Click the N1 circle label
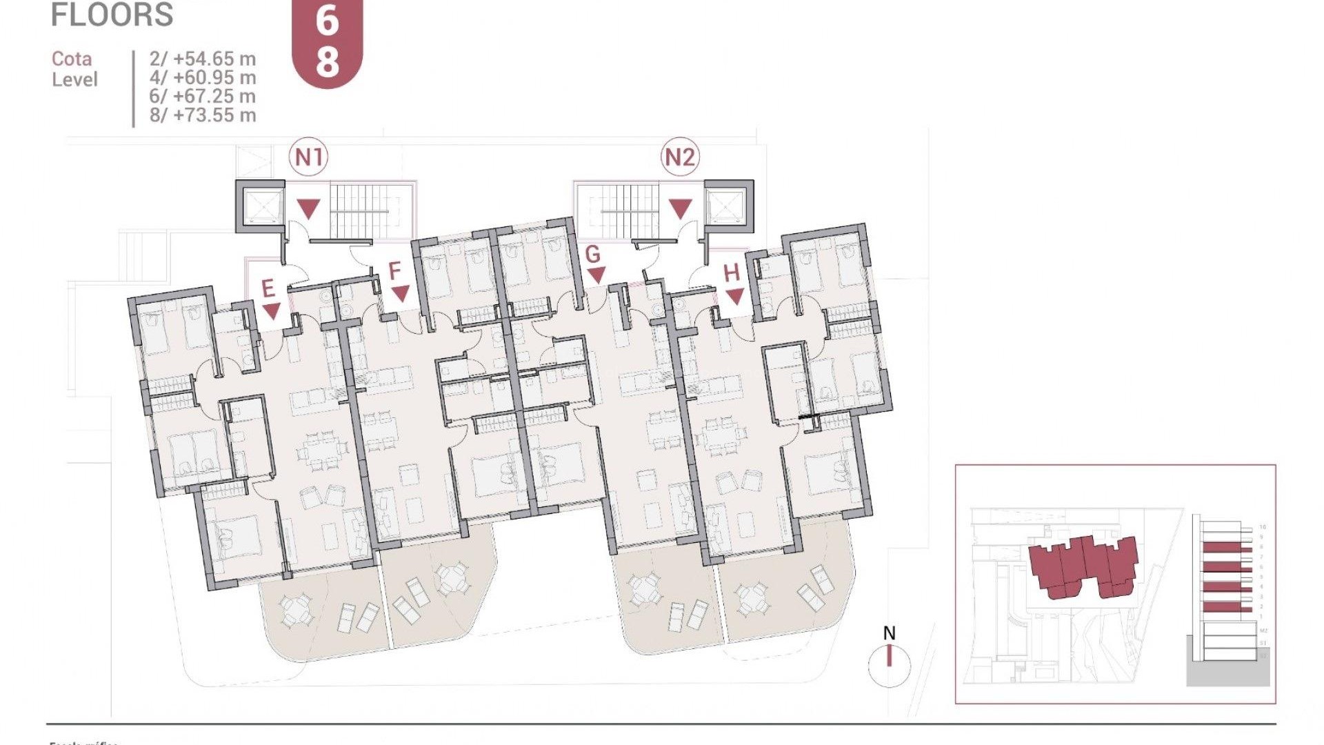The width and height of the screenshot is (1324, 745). click(x=308, y=157)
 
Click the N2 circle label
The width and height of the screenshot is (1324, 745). click(x=679, y=157)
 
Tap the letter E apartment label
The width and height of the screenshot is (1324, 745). click(x=268, y=288)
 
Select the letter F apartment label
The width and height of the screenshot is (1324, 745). click(x=394, y=271)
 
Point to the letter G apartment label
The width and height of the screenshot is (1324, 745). click(x=592, y=255)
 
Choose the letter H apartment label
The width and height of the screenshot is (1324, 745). click(x=732, y=273)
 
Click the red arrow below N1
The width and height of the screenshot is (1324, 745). click(x=308, y=208)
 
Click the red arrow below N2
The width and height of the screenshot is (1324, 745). click(x=680, y=208)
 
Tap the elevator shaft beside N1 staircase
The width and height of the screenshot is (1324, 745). click(x=261, y=206)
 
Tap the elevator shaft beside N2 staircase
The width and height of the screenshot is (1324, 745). click(x=729, y=206)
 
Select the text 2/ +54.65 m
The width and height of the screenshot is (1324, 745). click(x=202, y=59)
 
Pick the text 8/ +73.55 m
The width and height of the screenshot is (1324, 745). click(x=202, y=115)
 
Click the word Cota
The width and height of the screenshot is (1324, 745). click(x=72, y=59)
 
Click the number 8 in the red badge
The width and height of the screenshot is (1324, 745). click(x=328, y=61)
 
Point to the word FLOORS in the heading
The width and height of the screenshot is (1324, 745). click(x=112, y=15)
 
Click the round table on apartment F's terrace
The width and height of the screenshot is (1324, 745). click(x=452, y=578)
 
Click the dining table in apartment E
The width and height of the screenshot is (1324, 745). click(x=322, y=452)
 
